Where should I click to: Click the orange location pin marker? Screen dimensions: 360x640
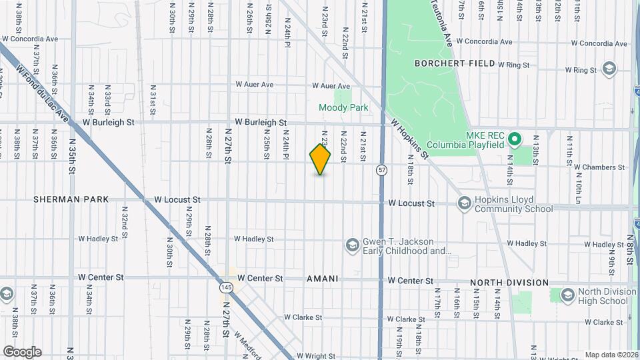[320, 159]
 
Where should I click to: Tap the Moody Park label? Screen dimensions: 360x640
[343, 107]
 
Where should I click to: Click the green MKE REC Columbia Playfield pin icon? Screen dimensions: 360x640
[514, 139]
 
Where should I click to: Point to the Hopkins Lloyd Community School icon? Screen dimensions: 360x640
[465, 203]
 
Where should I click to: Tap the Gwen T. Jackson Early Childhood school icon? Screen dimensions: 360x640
[351, 246]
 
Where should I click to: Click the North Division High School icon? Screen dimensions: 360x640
[567, 295]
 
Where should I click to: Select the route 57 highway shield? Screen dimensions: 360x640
[381, 170]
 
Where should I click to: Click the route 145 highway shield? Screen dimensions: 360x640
[225, 287]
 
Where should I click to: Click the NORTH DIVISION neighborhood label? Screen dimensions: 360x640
[509, 283]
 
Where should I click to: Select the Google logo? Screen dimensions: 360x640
[22, 352]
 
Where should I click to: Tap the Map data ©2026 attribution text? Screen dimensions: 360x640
[610, 355]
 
